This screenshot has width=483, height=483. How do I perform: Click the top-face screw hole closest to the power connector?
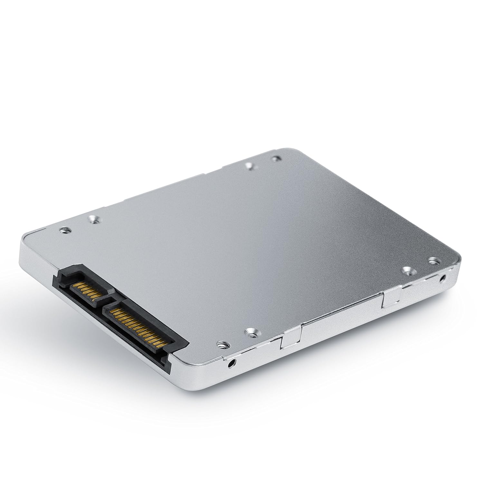(221, 345)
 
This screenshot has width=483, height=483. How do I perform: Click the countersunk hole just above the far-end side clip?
(408, 271)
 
